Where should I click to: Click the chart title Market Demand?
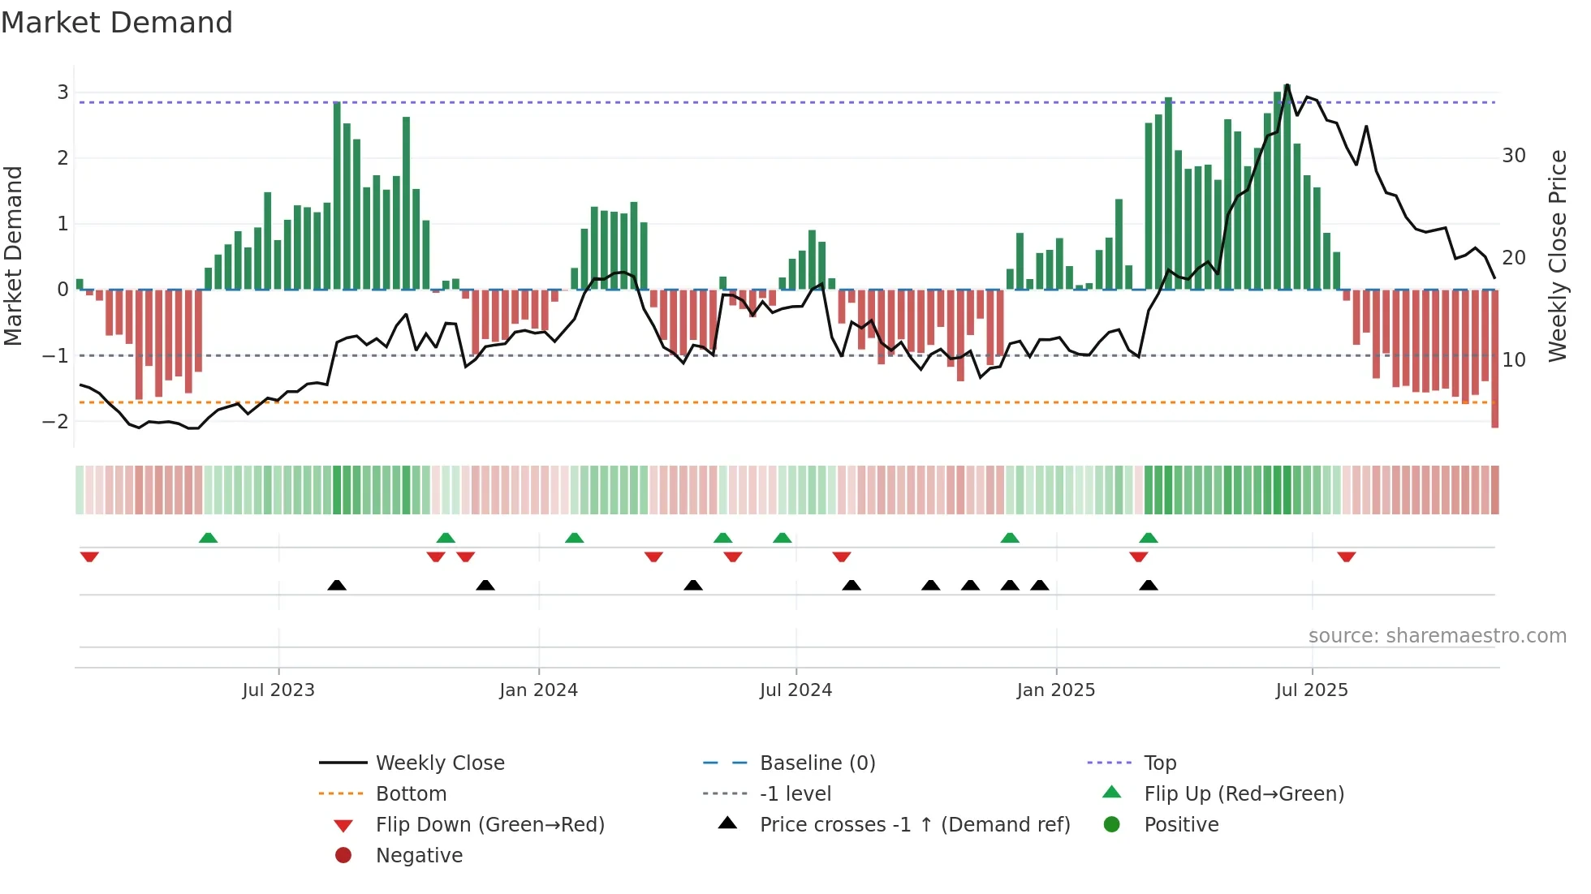[x=117, y=23]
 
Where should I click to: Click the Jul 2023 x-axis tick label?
[x=278, y=690]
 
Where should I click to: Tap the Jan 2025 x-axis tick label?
[x=1055, y=690]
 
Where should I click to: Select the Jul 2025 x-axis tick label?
[x=1312, y=690]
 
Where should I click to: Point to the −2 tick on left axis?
[x=56, y=422]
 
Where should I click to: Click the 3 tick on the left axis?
[x=63, y=92]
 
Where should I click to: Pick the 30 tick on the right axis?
[x=1514, y=156]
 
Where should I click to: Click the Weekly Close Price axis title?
[x=1558, y=256]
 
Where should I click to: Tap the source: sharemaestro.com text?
[x=1437, y=636]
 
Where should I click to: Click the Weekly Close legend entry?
[x=440, y=763]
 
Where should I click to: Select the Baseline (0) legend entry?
[x=817, y=763]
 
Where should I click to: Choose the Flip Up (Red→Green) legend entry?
[x=1244, y=794]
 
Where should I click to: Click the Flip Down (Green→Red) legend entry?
[x=489, y=825]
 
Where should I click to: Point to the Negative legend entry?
[x=419, y=856]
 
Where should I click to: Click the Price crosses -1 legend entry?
[x=914, y=825]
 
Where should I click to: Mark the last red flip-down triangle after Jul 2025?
[x=1347, y=557]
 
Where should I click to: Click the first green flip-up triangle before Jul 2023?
[x=208, y=538]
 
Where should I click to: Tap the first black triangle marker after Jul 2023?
[x=337, y=585]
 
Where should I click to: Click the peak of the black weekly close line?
[x=1287, y=85]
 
